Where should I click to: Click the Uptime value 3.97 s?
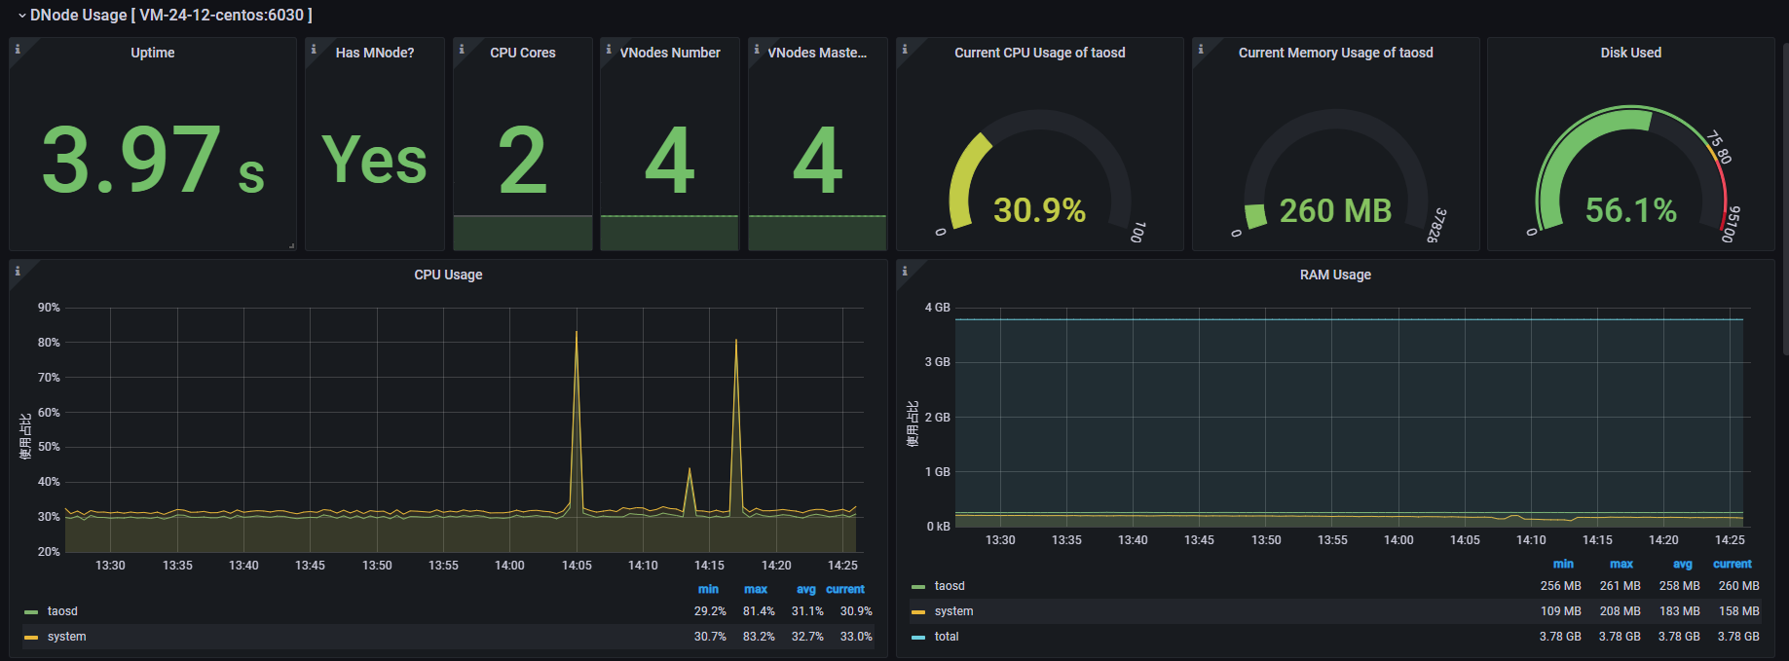153,161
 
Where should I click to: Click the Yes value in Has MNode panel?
375,161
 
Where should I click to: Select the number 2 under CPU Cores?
523,161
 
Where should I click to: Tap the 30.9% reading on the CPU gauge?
1039,210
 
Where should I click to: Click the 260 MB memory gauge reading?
1335,210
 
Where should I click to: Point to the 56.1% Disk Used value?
1630,210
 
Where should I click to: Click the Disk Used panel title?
1630,53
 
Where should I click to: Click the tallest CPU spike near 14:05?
577,336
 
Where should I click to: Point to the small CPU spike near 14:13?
690,472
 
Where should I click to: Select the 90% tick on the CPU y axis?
49,308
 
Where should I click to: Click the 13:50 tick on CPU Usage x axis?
377,566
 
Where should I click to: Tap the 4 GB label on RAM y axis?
937,308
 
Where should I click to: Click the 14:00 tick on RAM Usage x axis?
1398,540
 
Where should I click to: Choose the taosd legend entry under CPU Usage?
62,611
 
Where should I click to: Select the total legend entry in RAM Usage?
946,637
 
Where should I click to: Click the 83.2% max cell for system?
759,637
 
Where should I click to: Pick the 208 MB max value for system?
1620,611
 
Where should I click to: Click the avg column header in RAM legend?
1682,565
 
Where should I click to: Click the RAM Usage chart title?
1335,275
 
